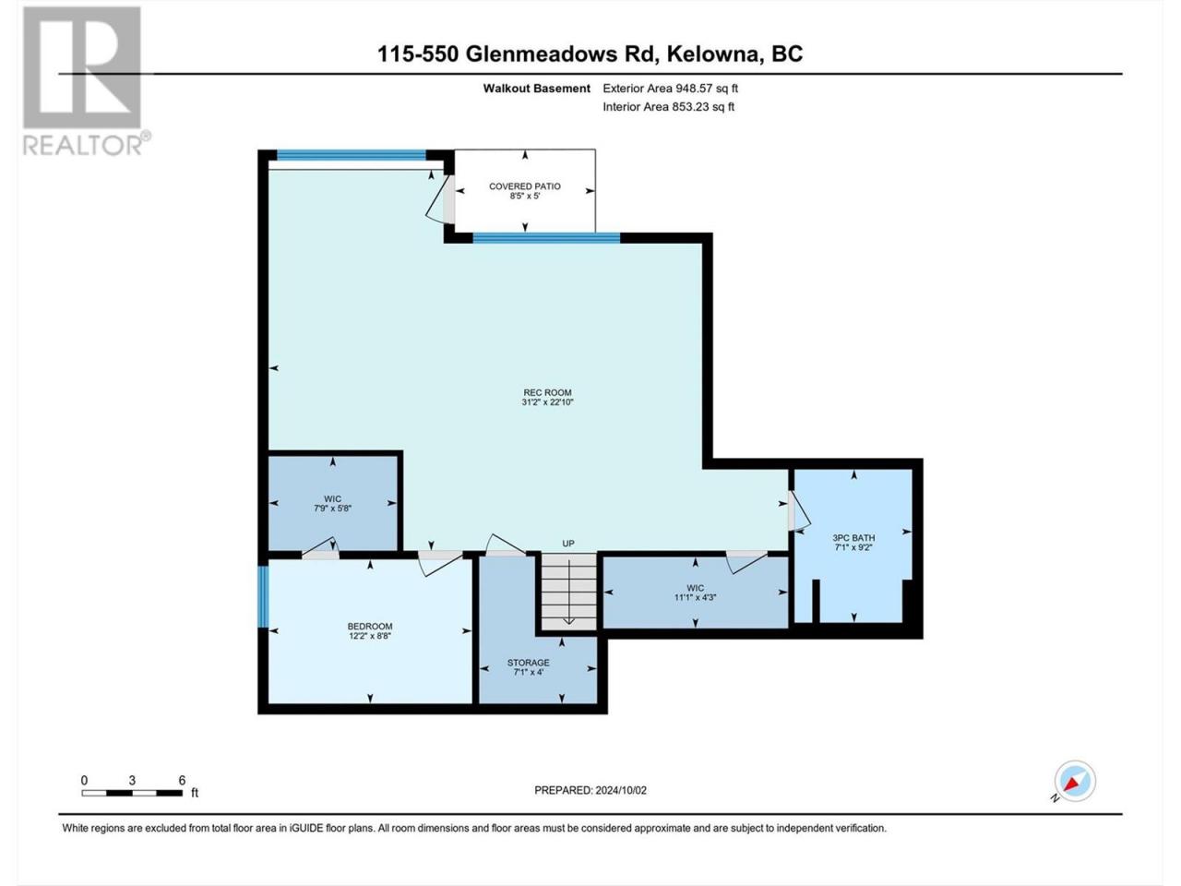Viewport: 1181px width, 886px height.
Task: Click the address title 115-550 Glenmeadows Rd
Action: [518, 54]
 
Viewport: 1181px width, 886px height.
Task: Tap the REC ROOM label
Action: [547, 397]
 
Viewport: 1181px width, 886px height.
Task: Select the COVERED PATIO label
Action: [525, 190]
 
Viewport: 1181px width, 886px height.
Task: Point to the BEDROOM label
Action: [370, 630]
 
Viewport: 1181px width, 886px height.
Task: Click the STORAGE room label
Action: [529, 667]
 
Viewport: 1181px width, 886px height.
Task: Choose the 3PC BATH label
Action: [853, 543]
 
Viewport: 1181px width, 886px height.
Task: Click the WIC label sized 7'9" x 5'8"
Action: [332, 503]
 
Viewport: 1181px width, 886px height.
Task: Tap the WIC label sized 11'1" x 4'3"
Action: [695, 593]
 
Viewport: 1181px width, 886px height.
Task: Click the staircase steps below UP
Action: [568, 591]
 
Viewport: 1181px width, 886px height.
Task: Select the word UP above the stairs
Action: [568, 544]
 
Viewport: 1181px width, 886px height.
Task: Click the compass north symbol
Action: [1075, 781]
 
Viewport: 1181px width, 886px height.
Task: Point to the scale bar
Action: [132, 793]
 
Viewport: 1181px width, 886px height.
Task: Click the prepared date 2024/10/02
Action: [590, 790]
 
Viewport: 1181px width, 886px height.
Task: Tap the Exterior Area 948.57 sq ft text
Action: [670, 89]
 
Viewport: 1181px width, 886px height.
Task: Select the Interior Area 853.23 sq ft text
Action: [668, 106]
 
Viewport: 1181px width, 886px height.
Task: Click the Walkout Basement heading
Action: [536, 89]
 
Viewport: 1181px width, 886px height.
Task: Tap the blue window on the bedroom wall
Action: [263, 596]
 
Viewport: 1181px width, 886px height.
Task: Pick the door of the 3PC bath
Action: [798, 510]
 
